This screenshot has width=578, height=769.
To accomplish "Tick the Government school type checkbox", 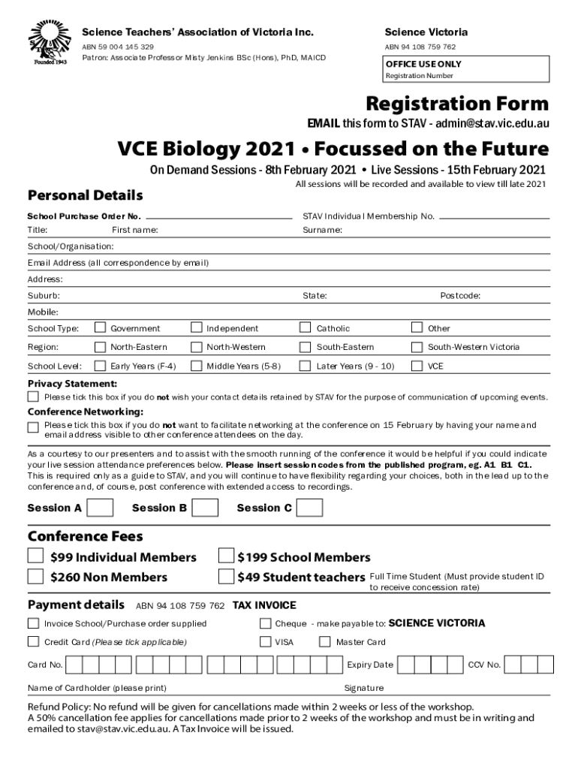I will pyautogui.click(x=100, y=327).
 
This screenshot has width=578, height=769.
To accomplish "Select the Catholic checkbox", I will pyautogui.click(x=306, y=327).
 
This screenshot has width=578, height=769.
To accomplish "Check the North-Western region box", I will pyautogui.click(x=196, y=347).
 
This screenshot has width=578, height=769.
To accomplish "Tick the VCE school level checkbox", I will pyautogui.click(x=417, y=366).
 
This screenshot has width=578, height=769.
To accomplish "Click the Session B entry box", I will pyautogui.click(x=205, y=508).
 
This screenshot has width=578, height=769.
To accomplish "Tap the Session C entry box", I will pyautogui.click(x=310, y=508).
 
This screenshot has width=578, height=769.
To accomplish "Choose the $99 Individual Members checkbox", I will pyautogui.click(x=35, y=556).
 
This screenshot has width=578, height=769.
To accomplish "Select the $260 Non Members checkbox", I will pyautogui.click(x=35, y=576).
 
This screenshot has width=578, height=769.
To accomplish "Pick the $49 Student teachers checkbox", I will pyautogui.click(x=225, y=576).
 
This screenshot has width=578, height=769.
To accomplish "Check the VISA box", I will pyautogui.click(x=265, y=641).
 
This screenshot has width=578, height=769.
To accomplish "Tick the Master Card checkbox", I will pyautogui.click(x=325, y=641).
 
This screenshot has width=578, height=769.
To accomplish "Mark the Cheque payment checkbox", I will pyautogui.click(x=265, y=623).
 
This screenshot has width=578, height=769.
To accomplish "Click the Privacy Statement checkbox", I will pyautogui.click(x=33, y=397).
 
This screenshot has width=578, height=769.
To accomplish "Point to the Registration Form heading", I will pyautogui.click(x=456, y=104).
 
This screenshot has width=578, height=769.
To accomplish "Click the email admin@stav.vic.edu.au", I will pyautogui.click(x=491, y=123).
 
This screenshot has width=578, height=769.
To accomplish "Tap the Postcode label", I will pyautogui.click(x=460, y=296).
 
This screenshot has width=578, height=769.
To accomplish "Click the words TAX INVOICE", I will pyautogui.click(x=264, y=605).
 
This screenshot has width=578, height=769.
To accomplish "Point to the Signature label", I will pyautogui.click(x=363, y=688).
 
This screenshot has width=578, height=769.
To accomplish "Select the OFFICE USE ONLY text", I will pyautogui.click(x=423, y=65).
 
